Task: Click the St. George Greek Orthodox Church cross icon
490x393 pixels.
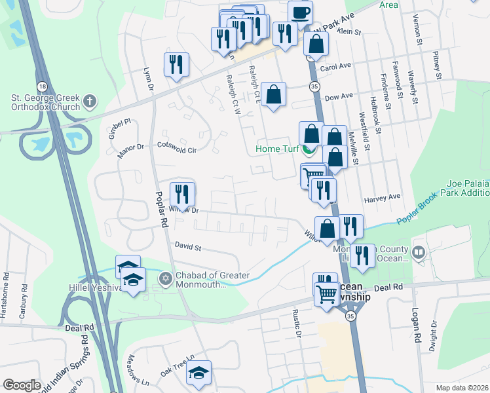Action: pyautogui.click(x=90, y=102)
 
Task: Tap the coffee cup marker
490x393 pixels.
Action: pyautogui.click(x=300, y=12)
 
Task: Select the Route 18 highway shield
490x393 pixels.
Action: pyautogui.click(x=43, y=86)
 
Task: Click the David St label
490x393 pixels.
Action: pyautogui.click(x=187, y=247)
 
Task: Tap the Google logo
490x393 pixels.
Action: pyautogui.click(x=22, y=385)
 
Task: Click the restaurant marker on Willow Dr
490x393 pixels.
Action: pyautogui.click(x=182, y=194)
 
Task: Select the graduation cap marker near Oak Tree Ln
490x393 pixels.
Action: pyautogui.click(x=199, y=372)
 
